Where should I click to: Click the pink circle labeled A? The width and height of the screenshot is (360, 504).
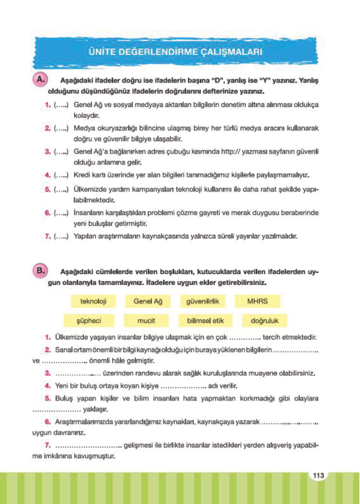click(x=40, y=79)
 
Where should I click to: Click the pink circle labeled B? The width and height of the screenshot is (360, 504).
click(x=40, y=271)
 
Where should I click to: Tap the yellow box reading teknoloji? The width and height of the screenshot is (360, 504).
click(x=93, y=301)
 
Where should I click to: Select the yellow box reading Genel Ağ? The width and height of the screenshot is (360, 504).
click(x=148, y=301)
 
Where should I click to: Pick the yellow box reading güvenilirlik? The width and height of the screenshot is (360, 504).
click(x=203, y=301)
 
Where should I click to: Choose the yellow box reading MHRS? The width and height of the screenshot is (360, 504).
click(x=257, y=301)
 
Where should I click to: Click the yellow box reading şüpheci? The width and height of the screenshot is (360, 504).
click(x=89, y=321)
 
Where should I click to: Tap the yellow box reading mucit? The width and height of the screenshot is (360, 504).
click(x=146, y=321)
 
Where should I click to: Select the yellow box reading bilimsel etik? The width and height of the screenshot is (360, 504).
click(x=205, y=321)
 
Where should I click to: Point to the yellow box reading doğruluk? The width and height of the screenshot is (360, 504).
click(x=264, y=321)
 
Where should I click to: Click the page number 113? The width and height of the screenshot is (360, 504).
click(x=318, y=475)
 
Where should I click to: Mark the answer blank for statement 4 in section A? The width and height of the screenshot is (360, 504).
click(x=61, y=175)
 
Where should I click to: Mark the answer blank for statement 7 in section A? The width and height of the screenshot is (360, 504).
click(x=61, y=236)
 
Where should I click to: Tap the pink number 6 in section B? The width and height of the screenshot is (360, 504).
click(x=48, y=422)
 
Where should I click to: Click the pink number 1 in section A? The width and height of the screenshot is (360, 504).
click(x=48, y=105)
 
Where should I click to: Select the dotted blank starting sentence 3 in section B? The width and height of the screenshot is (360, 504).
click(x=78, y=374)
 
